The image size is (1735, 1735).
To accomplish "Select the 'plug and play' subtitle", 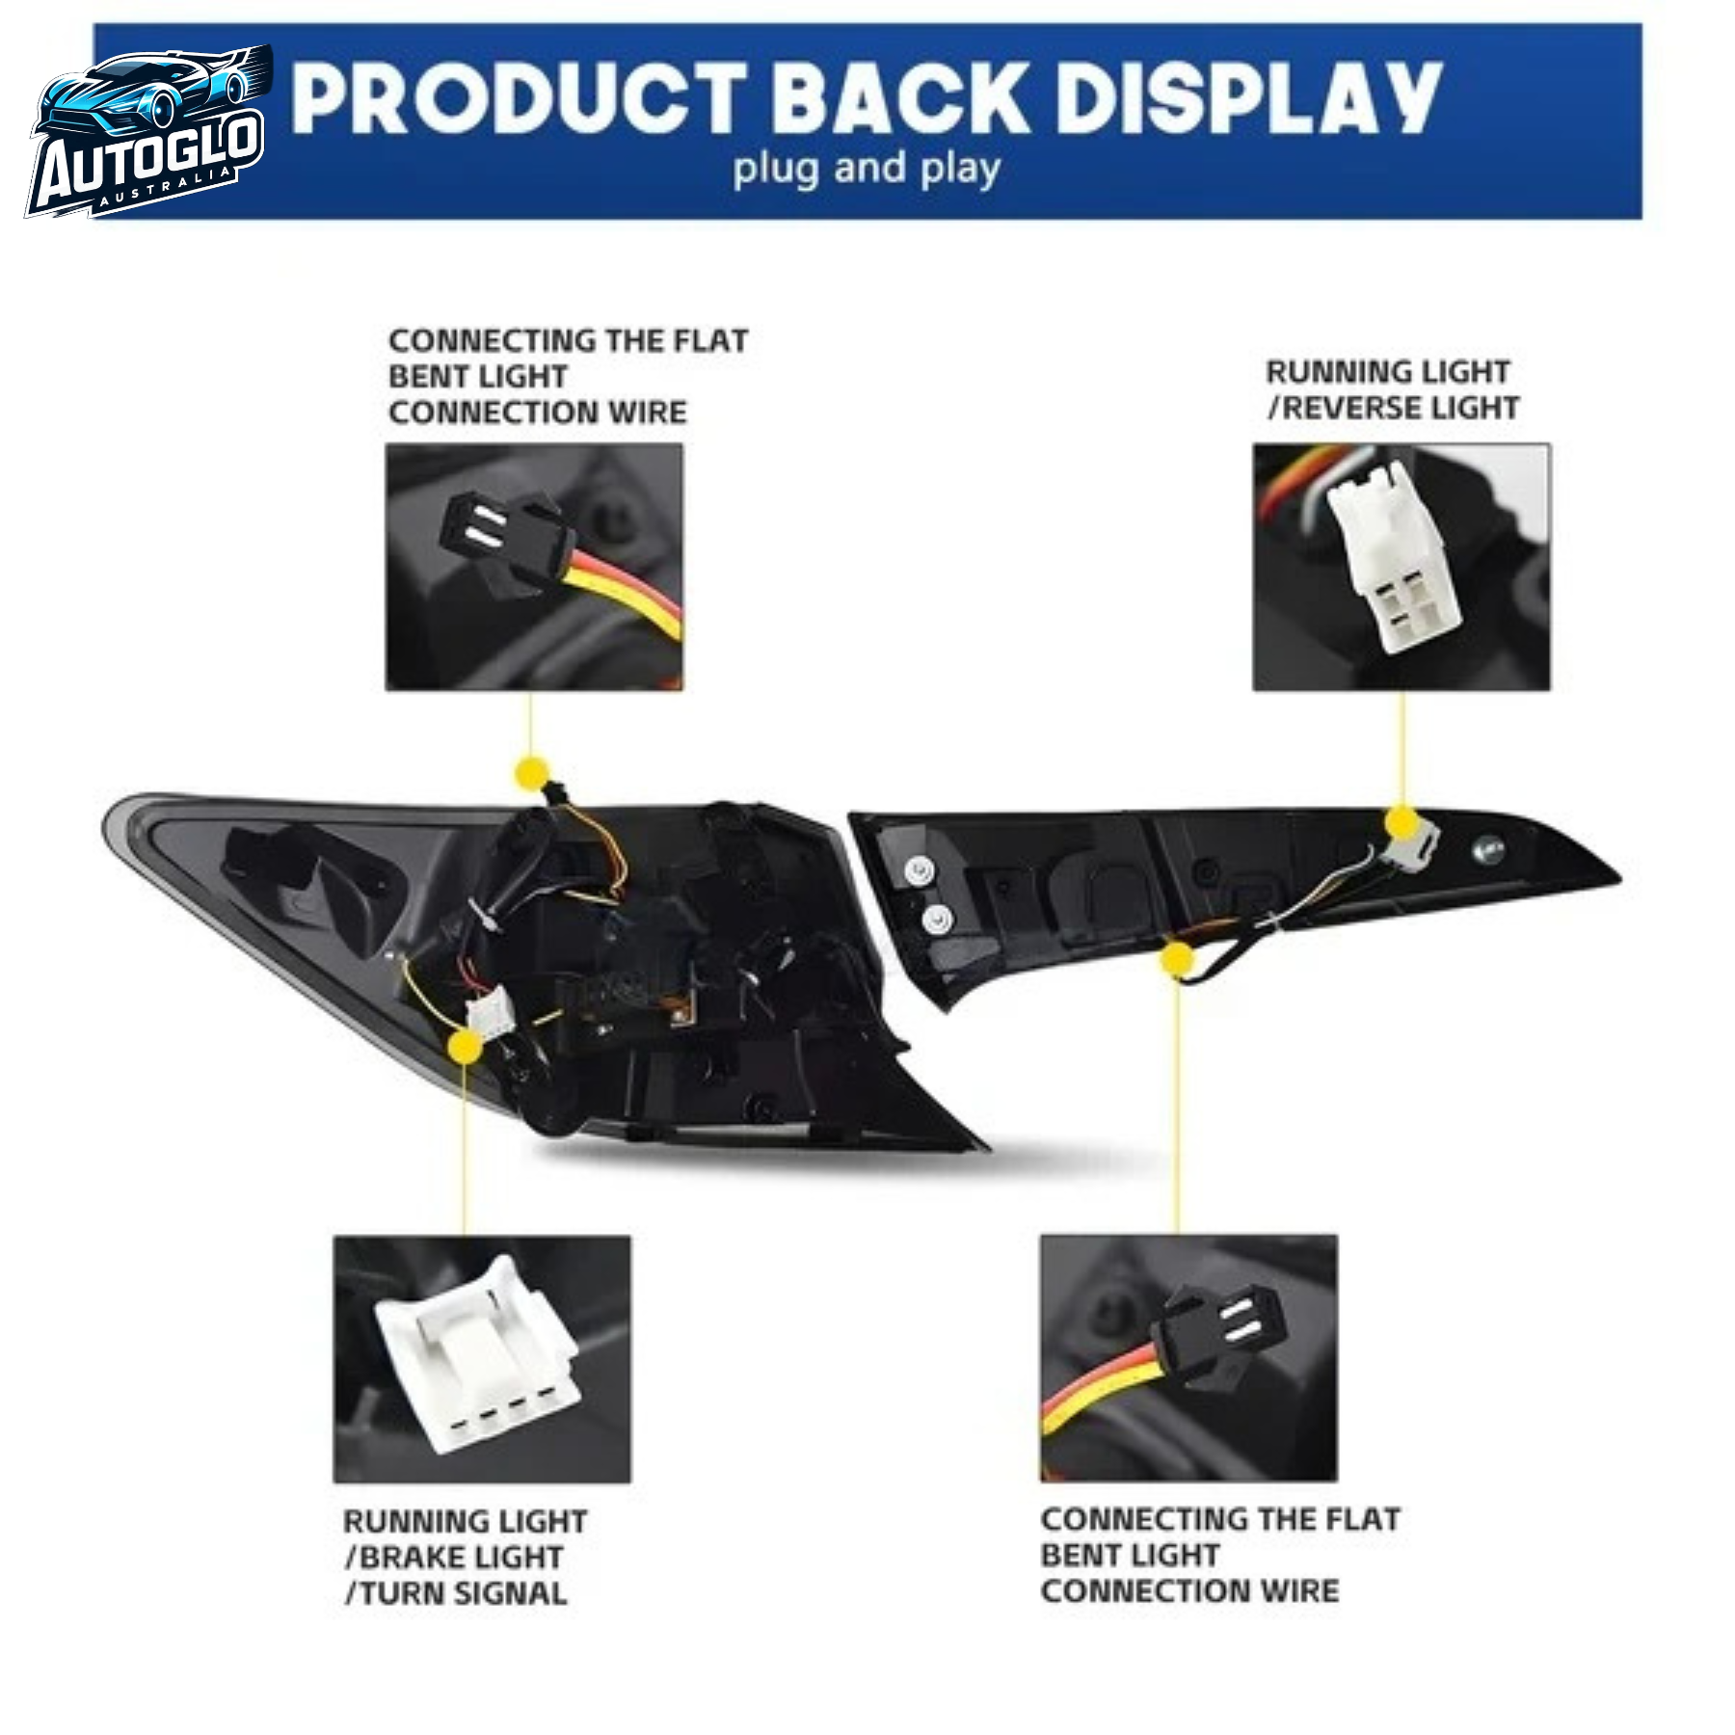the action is [x=867, y=170].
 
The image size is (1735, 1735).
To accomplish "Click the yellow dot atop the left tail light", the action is [x=532, y=773].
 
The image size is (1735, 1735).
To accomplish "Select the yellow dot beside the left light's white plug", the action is [x=466, y=1047].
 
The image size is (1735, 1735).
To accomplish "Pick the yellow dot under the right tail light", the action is [x=1177, y=960].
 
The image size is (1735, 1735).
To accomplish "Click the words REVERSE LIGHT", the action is [x=1401, y=409].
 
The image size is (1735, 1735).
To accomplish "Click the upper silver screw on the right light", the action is [x=921, y=871].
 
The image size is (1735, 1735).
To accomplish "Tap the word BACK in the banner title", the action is [x=900, y=98].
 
